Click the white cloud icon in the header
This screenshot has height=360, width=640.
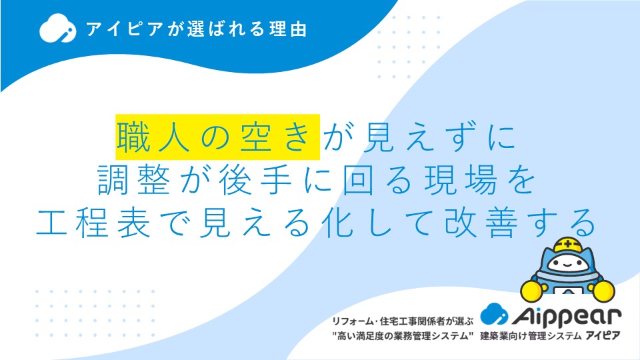pyautogui.click(x=57, y=28)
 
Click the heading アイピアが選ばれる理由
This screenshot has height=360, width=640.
pyautogui.click(x=196, y=29)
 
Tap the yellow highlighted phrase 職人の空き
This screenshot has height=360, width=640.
pyautogui.click(x=217, y=137)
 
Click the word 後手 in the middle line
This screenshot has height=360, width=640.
pyautogui.click(x=256, y=181)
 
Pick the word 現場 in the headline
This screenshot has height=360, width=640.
pyautogui.click(x=461, y=181)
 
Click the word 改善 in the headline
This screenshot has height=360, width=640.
pyautogui.click(x=481, y=223)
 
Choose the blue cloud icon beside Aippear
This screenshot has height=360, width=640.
pyautogui.click(x=494, y=314)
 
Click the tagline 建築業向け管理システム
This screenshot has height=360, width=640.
pyautogui.click(x=531, y=336)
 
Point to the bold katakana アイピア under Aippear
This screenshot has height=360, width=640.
pyautogui.click(x=603, y=335)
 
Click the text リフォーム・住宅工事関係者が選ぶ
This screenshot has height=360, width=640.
pyautogui.click(x=403, y=321)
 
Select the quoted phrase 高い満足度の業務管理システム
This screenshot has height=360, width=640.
pyautogui.click(x=403, y=336)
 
